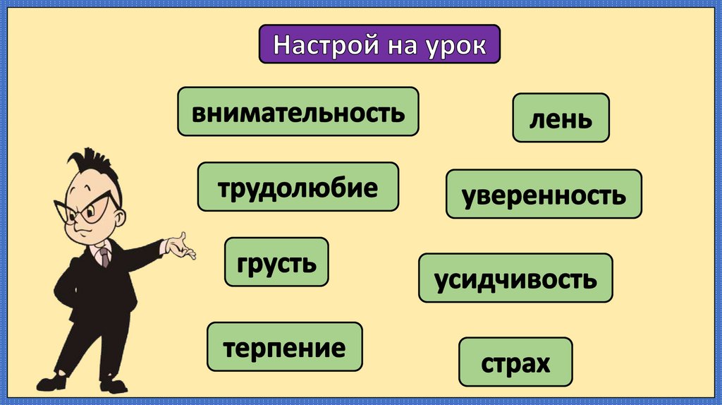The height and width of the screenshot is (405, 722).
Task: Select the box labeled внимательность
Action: [298, 111]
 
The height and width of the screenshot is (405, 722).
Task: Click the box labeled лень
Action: [561, 118]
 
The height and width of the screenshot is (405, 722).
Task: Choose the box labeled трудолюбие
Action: [298, 187]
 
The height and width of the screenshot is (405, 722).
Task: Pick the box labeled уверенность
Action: [544, 193]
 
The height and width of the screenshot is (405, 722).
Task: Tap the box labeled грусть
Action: [276, 262]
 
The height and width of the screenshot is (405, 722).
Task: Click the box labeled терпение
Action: [284, 346]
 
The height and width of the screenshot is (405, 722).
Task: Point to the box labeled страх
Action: [515, 362]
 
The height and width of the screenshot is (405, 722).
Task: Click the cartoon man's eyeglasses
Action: [88, 207]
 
